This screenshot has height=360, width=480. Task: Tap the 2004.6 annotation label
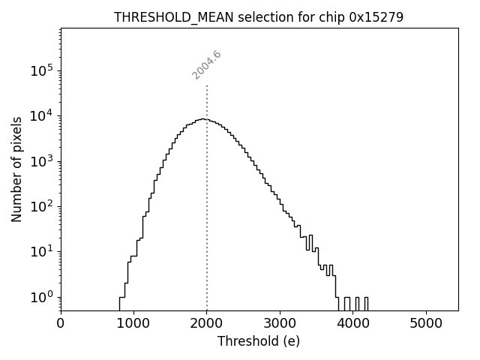[206, 64]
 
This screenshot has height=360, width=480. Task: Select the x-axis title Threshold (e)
[259, 341]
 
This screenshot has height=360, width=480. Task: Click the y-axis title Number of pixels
[16, 169]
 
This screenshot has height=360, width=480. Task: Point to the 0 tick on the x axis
[61, 323]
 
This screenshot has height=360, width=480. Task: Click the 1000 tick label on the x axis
[133, 323]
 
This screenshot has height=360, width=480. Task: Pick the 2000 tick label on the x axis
[207, 323]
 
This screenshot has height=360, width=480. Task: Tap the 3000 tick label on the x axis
[280, 323]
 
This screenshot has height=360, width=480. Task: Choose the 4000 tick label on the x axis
[353, 323]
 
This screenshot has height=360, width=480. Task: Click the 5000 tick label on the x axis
[426, 323]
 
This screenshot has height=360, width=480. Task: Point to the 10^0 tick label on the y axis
[41, 297]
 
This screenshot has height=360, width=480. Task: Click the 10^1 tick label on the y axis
[41, 252]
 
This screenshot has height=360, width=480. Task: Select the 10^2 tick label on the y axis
[41, 206]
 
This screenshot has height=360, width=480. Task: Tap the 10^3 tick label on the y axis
[41, 161]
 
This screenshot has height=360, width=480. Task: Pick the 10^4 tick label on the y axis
[41, 115]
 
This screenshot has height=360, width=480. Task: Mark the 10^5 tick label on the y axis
[41, 70]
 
